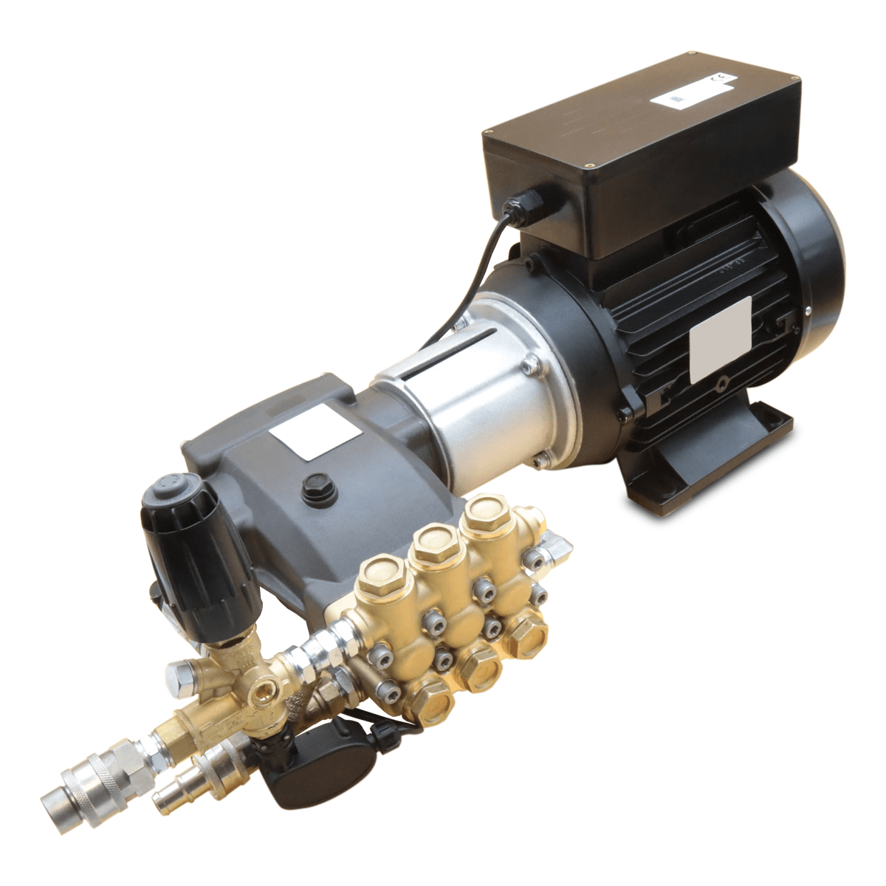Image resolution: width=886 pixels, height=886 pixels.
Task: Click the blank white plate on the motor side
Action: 719,340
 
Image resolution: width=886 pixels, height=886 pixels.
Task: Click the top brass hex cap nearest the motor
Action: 488,509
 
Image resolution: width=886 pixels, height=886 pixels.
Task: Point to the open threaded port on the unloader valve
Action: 263,690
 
